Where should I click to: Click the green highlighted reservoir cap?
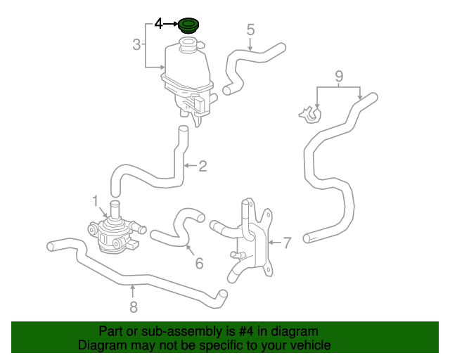click(188, 26)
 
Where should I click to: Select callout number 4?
click(159, 24)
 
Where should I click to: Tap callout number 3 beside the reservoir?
click(136, 46)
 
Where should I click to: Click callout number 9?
click(338, 75)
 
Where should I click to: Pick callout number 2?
click(202, 166)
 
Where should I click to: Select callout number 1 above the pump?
click(95, 202)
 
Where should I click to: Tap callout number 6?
click(199, 263)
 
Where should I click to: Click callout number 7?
click(286, 243)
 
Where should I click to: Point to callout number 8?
click(133, 306)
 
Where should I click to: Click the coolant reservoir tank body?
click(186, 70)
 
